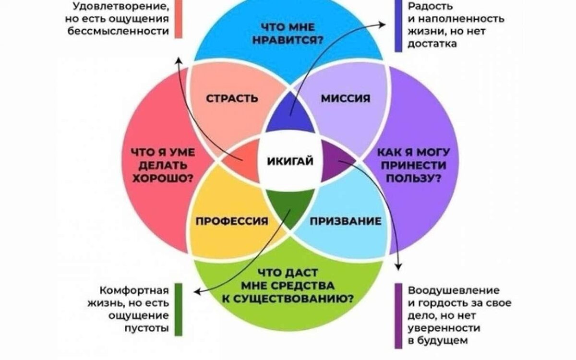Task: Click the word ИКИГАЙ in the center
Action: [x=290, y=161]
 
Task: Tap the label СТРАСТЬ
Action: [x=232, y=98]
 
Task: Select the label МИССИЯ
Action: [x=346, y=98]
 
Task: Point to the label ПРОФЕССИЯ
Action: [x=231, y=221]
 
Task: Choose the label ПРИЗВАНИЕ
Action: [x=346, y=221]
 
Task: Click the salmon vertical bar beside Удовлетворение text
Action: [x=179, y=19]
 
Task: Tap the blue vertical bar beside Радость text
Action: [x=398, y=25]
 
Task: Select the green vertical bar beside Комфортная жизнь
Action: [x=179, y=309]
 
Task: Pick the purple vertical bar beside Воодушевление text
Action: [x=398, y=315]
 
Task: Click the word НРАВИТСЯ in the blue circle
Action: [x=290, y=41]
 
